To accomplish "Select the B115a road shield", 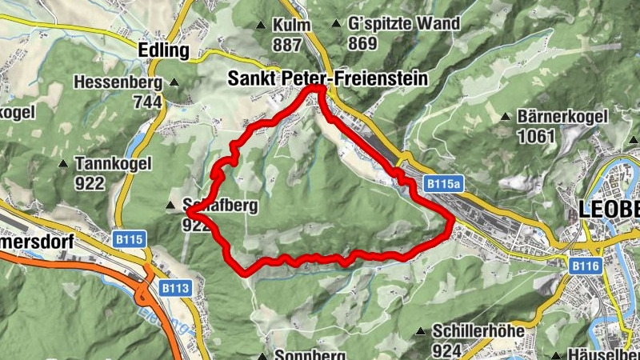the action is [x=444, y=183].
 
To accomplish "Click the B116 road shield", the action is [x=585, y=264].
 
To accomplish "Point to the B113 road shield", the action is [x=174, y=288].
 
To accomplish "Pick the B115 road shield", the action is [x=129, y=238].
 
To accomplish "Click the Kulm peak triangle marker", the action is [x=260, y=26].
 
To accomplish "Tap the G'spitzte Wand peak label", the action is [x=404, y=24].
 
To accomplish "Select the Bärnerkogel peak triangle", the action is [x=506, y=117].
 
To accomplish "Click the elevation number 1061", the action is [x=536, y=136].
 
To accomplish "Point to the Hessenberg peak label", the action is [x=118, y=82].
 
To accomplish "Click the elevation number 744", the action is [x=148, y=102].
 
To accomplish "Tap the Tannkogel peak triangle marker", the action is [x=63, y=163].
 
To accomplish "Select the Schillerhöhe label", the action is [x=478, y=330].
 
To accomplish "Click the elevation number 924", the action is [x=447, y=350].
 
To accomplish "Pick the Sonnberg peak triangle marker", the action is [x=263, y=356].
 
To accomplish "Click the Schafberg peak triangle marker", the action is [x=170, y=206].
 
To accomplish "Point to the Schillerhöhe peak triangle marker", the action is [x=422, y=331].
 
